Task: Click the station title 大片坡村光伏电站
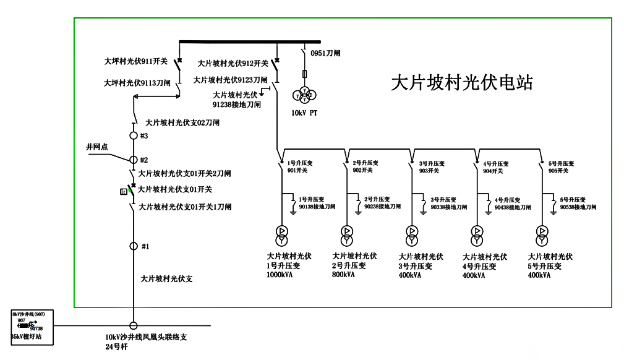461,84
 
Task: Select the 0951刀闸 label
325,53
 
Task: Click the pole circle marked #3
133,135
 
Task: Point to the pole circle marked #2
133,160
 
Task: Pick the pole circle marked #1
133,246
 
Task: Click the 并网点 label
96,147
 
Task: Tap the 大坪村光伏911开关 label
137,62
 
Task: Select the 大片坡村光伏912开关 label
233,63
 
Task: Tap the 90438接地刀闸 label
513,208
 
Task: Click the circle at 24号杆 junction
133,326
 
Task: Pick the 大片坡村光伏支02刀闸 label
182,123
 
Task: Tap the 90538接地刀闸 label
578,208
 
